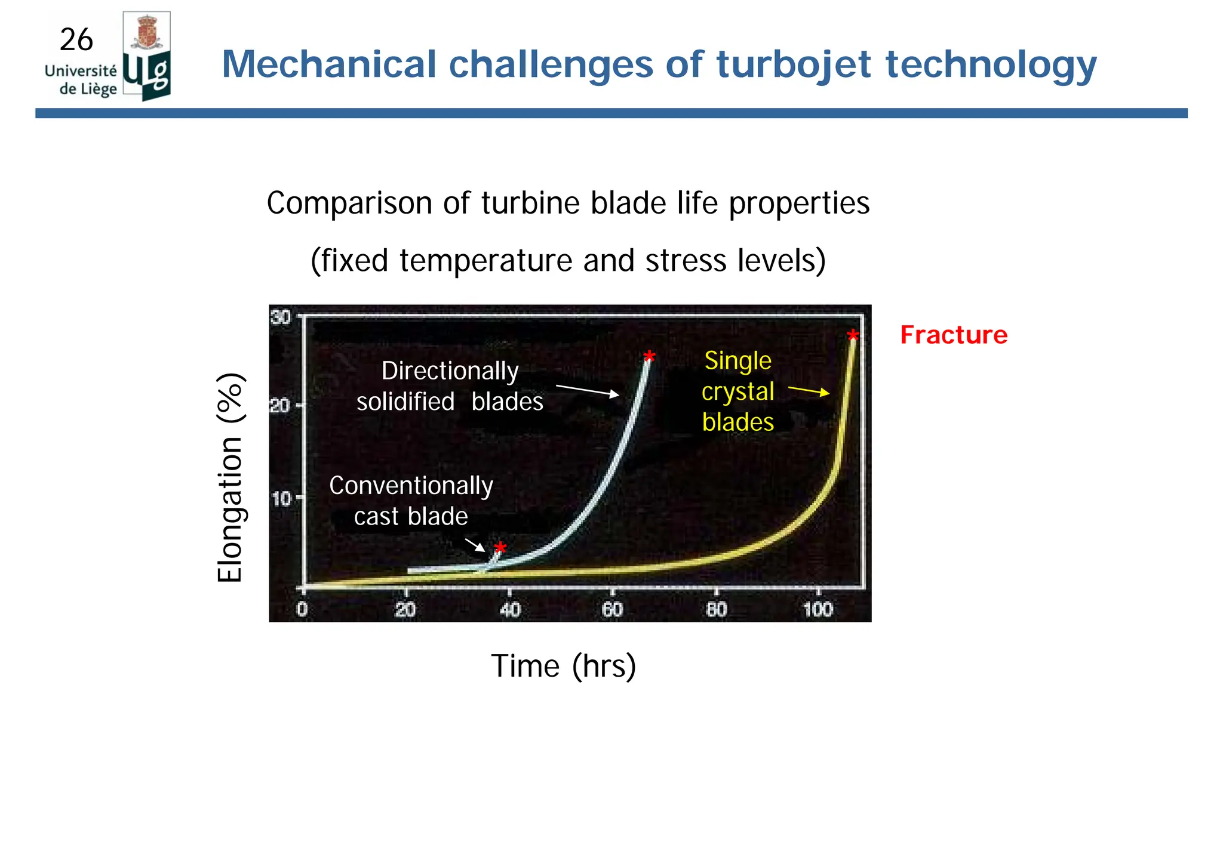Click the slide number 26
tap(76, 40)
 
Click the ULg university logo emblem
tap(147, 57)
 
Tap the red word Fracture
tap(954, 335)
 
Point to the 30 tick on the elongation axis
tap(281, 316)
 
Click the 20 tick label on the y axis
tap(279, 406)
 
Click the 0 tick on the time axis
tap(302, 609)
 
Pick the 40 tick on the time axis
tap(510, 609)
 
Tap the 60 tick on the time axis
tap(612, 609)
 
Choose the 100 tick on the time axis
tap(818, 609)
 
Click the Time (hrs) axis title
tap(563, 666)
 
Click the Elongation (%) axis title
tap(230, 477)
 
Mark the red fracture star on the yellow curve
tap(853, 336)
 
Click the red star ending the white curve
tap(649, 357)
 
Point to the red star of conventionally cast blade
tap(500, 548)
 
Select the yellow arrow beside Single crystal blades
tap(809, 391)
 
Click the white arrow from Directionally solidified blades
tap(588, 391)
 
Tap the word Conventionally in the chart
tap(411, 486)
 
